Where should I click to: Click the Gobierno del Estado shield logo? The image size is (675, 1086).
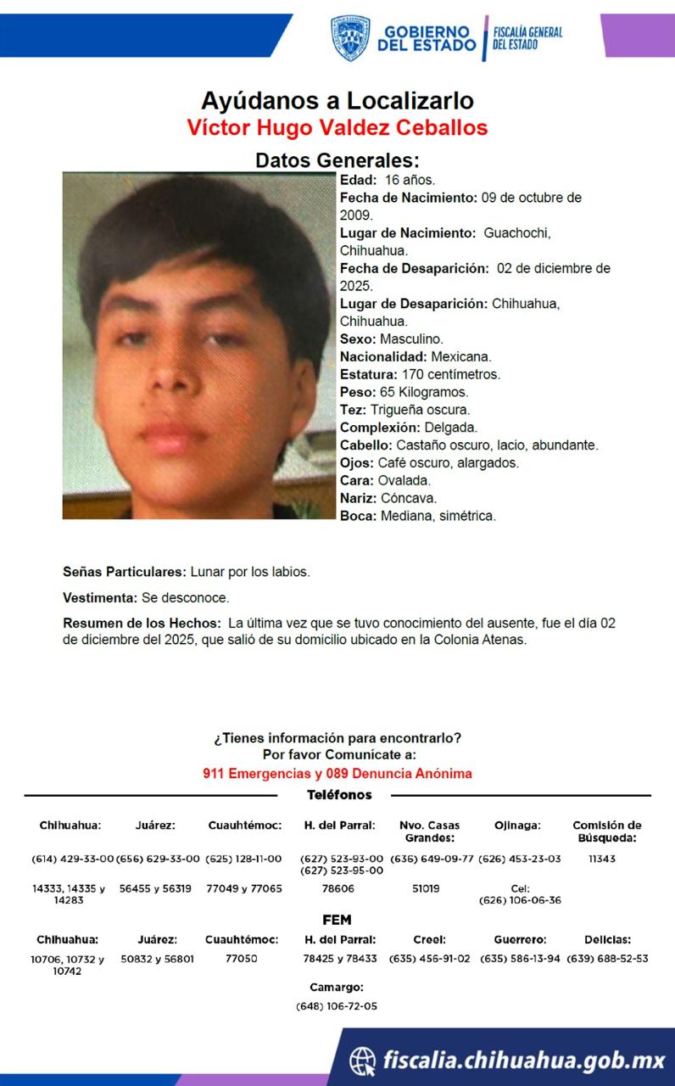point(349,37)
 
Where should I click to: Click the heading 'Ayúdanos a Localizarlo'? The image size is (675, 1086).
point(337,101)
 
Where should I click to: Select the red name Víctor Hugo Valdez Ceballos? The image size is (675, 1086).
point(337,128)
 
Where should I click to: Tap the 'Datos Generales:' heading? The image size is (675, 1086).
point(337,160)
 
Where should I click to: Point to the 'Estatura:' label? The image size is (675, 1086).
point(368,374)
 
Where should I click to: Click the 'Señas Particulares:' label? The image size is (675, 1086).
point(125,572)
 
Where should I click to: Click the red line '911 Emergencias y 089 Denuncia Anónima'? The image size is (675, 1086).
point(337,774)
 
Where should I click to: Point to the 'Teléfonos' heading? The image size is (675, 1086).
point(339,795)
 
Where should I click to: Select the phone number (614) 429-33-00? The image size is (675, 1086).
point(72,859)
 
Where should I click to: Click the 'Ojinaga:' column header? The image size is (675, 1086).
point(517,826)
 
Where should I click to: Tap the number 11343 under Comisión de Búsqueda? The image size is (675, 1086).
point(602,859)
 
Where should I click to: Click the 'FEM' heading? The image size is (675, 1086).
point(337,920)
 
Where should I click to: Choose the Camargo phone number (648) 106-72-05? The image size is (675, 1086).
point(337,1006)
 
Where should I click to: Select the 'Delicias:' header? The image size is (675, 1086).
point(607,940)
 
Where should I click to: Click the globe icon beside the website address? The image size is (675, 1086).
point(363,1060)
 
